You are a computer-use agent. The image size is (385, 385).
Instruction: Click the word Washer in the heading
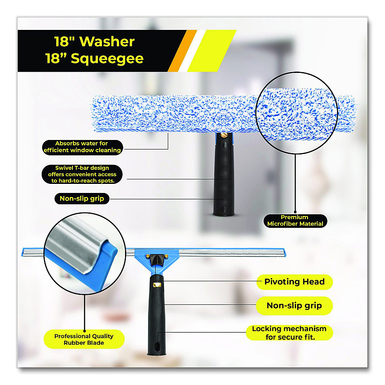[107, 42]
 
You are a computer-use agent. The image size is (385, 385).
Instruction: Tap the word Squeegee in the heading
[107, 59]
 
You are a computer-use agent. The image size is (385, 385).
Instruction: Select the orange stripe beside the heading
[183, 51]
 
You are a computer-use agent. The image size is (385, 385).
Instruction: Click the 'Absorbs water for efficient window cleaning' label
[82, 147]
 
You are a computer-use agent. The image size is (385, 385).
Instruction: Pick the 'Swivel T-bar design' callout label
[82, 174]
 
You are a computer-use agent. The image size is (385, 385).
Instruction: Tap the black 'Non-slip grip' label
[82, 198]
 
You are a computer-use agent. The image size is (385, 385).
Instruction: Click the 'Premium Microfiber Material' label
[295, 221]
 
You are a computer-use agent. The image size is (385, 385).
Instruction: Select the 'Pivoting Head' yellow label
[294, 282]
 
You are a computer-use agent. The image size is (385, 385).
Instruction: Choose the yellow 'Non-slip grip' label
[294, 306]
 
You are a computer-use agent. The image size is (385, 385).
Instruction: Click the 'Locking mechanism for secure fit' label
[289, 333]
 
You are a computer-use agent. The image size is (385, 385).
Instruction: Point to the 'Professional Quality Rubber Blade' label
[84, 339]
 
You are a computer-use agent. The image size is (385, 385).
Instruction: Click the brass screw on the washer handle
[224, 135]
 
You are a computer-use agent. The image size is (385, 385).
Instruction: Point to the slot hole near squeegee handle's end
[157, 346]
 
